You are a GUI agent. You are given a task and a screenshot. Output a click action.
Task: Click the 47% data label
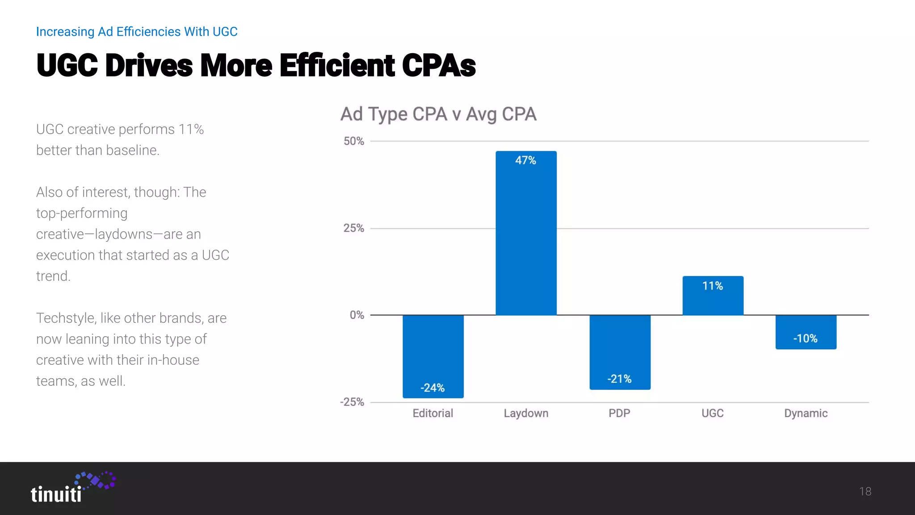tap(525, 160)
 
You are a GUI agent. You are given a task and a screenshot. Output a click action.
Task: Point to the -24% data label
tap(432, 388)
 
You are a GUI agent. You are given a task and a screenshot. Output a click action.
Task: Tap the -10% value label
tap(805, 338)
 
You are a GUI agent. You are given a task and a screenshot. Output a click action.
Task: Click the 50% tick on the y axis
tap(353, 141)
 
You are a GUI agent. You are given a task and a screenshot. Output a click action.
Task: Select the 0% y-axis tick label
tap(357, 315)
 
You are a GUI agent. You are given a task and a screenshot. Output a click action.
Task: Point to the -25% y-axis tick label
tap(352, 402)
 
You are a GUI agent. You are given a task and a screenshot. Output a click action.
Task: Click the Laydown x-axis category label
tap(526, 413)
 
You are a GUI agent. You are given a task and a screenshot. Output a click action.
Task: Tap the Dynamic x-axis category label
tap(806, 413)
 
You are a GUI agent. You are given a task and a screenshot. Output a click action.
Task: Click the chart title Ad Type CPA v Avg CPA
tap(438, 114)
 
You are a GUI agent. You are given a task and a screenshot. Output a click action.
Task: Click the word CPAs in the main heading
tap(438, 66)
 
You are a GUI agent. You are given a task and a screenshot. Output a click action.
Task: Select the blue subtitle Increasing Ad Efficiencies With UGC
tap(136, 32)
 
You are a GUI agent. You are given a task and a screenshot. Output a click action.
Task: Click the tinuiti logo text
tap(56, 494)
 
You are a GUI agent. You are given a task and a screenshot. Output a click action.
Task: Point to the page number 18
tap(865, 491)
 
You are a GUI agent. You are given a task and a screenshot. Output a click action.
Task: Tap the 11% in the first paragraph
tap(191, 129)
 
